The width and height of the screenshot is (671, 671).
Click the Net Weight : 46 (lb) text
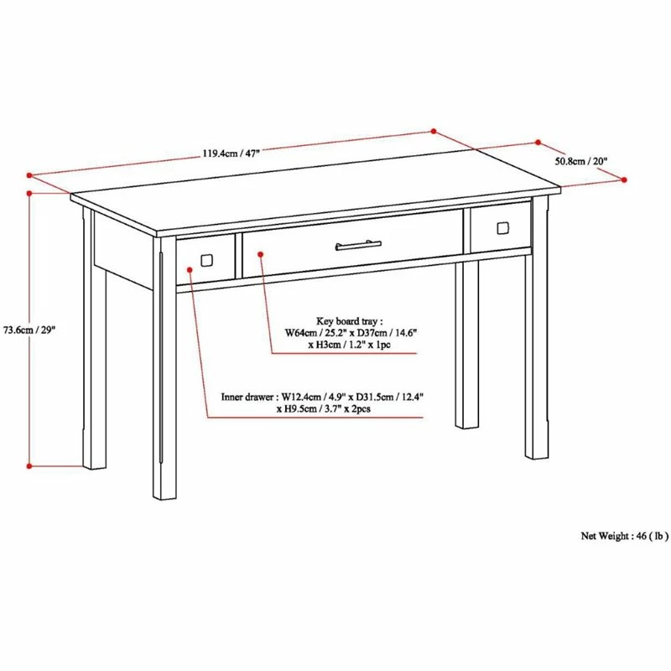click(625, 535)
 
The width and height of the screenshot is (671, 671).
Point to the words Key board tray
click(349, 320)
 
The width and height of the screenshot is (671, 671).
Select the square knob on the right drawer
click(502, 227)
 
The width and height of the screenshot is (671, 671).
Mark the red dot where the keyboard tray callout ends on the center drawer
click(260, 250)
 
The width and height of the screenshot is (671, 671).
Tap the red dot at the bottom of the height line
click(29, 466)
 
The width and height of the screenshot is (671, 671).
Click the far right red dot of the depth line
click(626, 179)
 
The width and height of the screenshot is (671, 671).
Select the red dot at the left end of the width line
click(29, 176)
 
